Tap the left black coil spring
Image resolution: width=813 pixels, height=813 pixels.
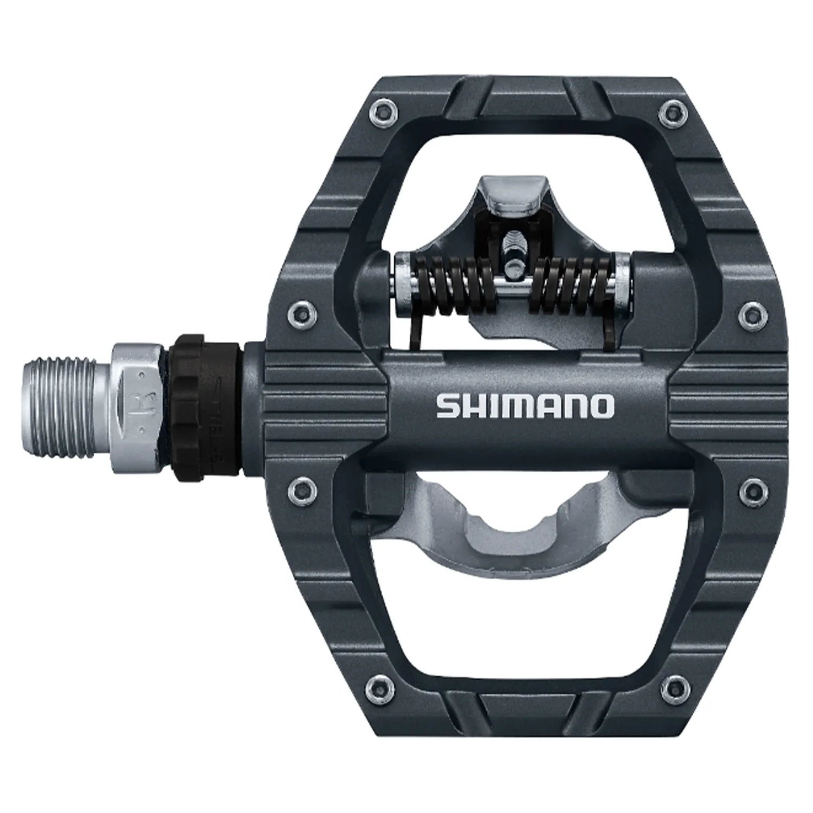click(454, 285)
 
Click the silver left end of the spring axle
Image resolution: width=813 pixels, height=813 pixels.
click(404, 282)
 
